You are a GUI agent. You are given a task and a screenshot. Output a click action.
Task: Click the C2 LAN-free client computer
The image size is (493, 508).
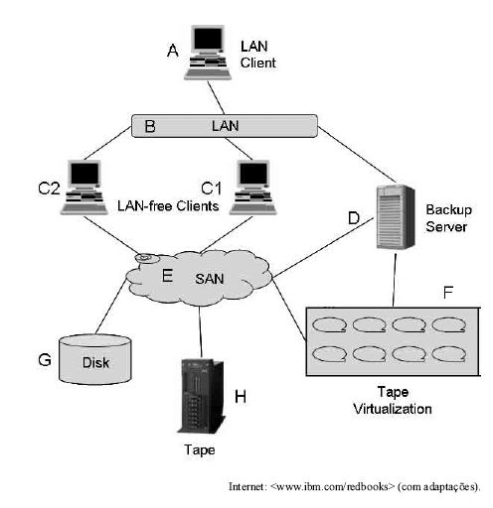pyautogui.click(x=83, y=188)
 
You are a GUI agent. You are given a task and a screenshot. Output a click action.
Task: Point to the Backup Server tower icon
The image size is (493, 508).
pyautogui.click(x=396, y=215)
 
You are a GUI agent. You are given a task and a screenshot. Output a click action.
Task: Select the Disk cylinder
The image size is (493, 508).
pyautogui.click(x=97, y=360)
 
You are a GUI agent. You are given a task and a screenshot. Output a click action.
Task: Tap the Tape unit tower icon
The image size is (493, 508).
pyautogui.click(x=197, y=395)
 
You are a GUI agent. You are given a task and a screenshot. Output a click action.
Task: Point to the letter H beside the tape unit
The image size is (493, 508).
pyautogui.click(x=239, y=397)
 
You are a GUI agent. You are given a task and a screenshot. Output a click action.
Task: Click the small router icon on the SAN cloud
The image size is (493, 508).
pyautogui.click(x=146, y=260)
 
